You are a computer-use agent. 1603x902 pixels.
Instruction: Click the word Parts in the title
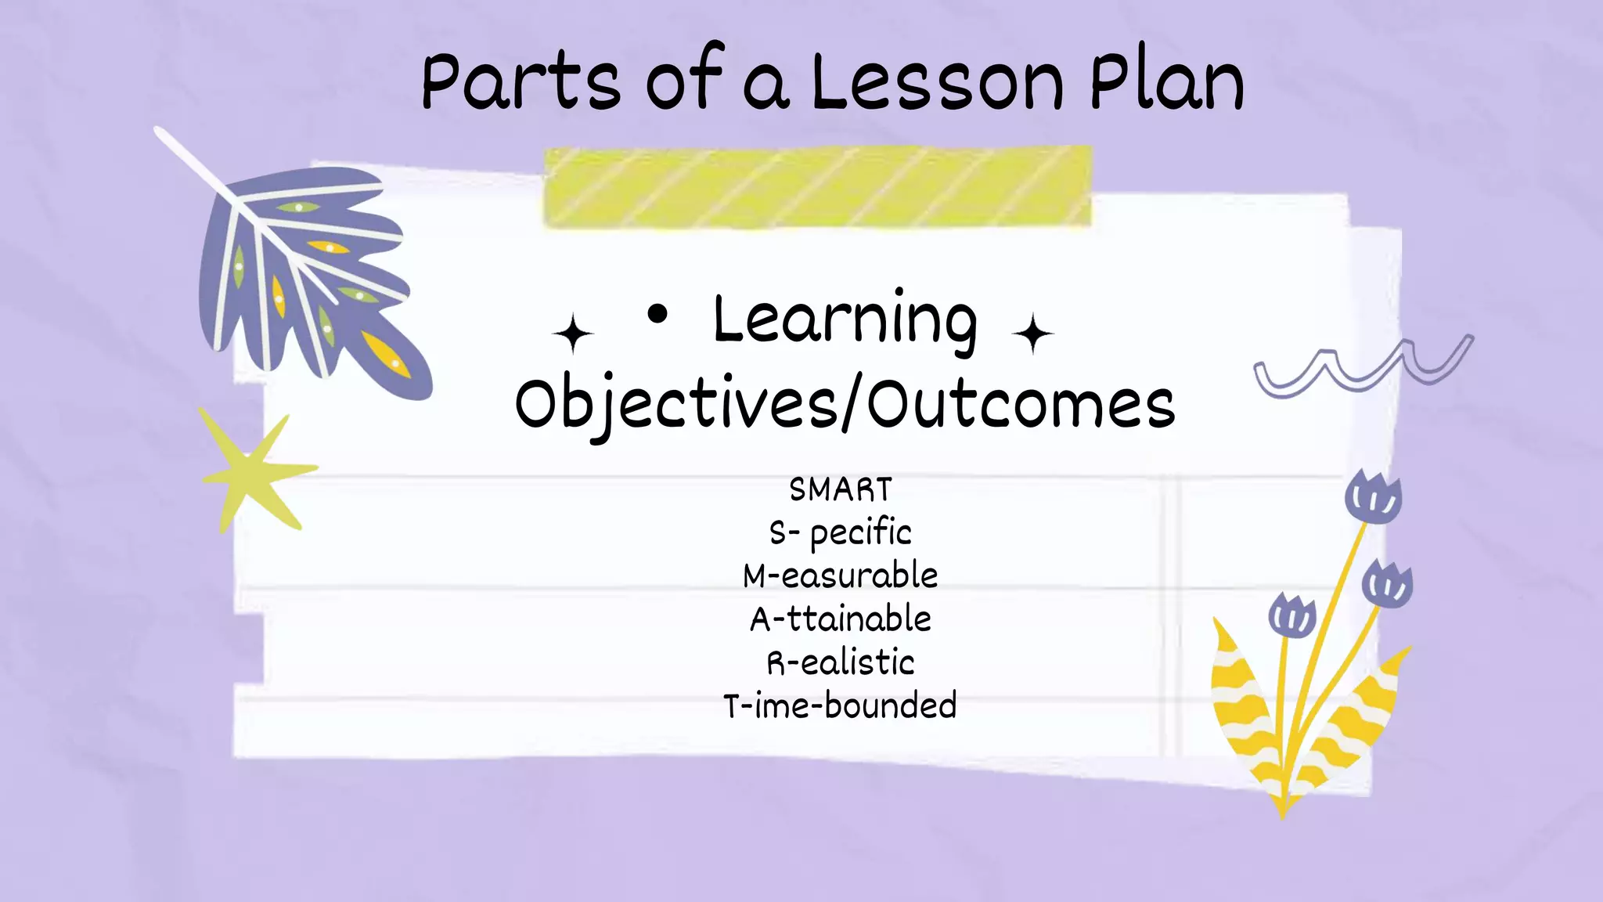(x=521, y=82)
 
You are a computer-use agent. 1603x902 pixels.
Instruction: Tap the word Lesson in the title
(x=937, y=82)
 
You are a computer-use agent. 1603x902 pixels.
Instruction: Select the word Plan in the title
(x=1166, y=82)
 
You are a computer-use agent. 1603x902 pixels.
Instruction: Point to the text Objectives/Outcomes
(x=845, y=404)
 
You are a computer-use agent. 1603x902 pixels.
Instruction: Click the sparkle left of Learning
(x=573, y=334)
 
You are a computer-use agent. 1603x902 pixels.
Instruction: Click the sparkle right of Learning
(x=1032, y=334)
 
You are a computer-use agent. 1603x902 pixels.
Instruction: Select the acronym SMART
(x=841, y=490)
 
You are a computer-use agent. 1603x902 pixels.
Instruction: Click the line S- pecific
(x=841, y=533)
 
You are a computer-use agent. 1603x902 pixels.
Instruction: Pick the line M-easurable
(x=841, y=576)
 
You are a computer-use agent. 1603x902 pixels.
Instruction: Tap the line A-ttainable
(x=841, y=619)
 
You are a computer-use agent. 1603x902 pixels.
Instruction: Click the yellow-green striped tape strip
(x=817, y=187)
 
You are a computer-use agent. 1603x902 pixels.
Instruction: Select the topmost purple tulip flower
(x=1373, y=498)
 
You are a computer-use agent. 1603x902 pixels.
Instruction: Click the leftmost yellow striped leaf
(x=1245, y=705)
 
